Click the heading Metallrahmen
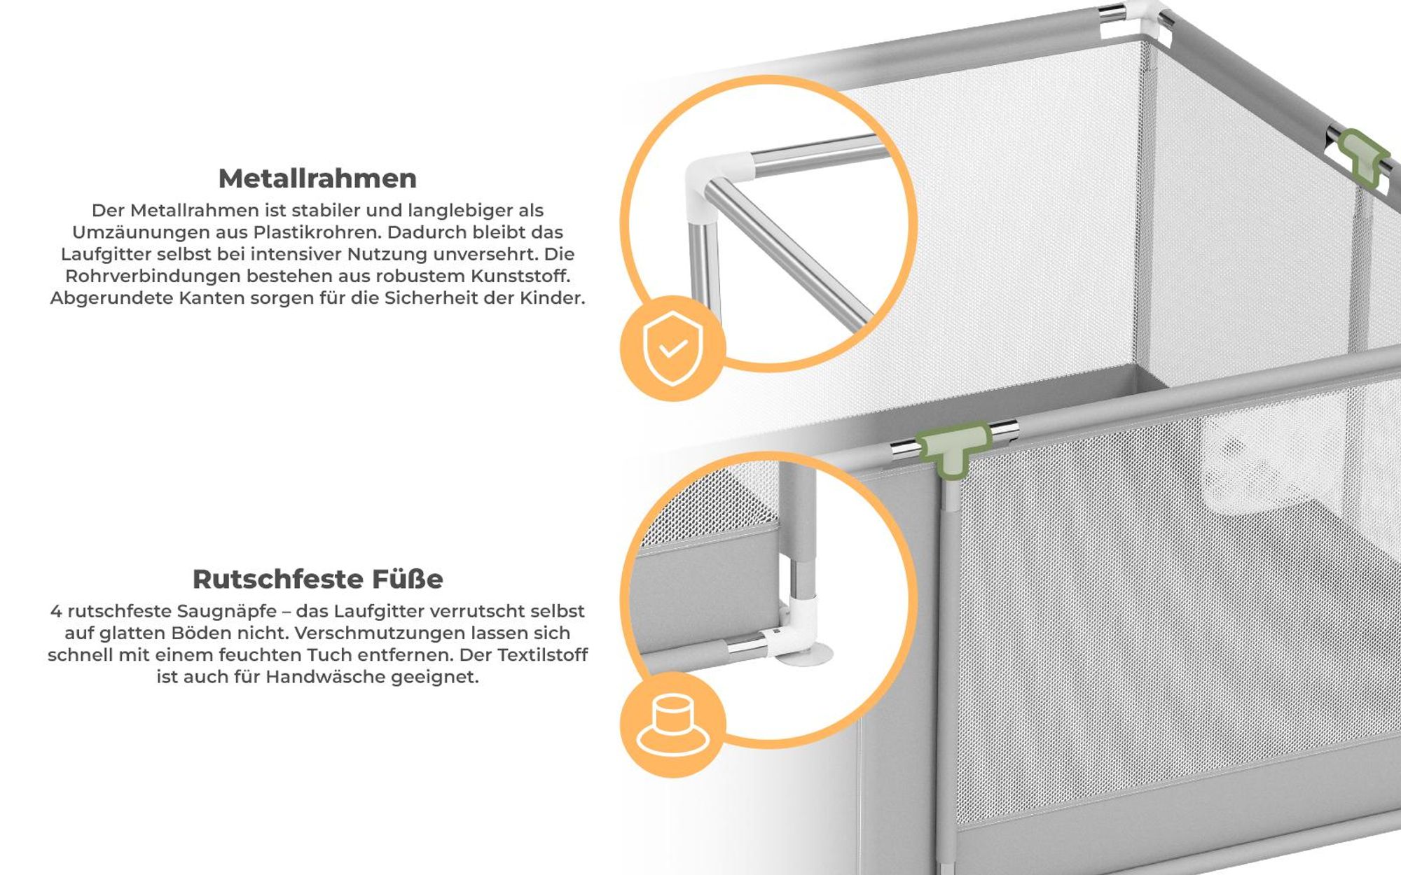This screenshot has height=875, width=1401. point(317,178)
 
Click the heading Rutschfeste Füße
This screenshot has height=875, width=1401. point(318,579)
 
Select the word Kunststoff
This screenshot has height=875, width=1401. point(520,276)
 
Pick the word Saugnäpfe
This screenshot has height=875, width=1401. point(226,612)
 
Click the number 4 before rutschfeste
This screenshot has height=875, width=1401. point(55,611)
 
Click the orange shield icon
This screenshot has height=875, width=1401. point(672,348)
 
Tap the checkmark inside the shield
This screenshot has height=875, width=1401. point(673,348)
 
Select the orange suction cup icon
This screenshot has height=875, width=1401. point(672,724)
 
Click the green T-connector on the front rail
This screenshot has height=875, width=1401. point(953,449)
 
